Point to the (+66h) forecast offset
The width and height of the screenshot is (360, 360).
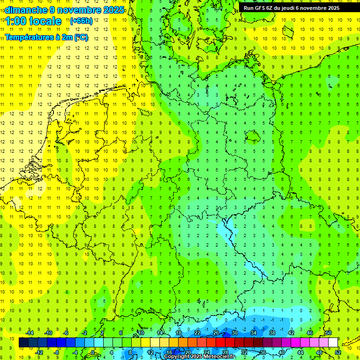coord(81,21)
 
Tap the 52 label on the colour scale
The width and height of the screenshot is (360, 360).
coord(337,352)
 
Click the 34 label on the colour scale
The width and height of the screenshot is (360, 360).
coord(253,333)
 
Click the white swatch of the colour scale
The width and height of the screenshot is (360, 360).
coord(333,343)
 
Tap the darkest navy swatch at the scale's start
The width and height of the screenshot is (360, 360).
coord(23,343)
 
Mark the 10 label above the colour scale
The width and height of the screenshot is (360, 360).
coord(141,333)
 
